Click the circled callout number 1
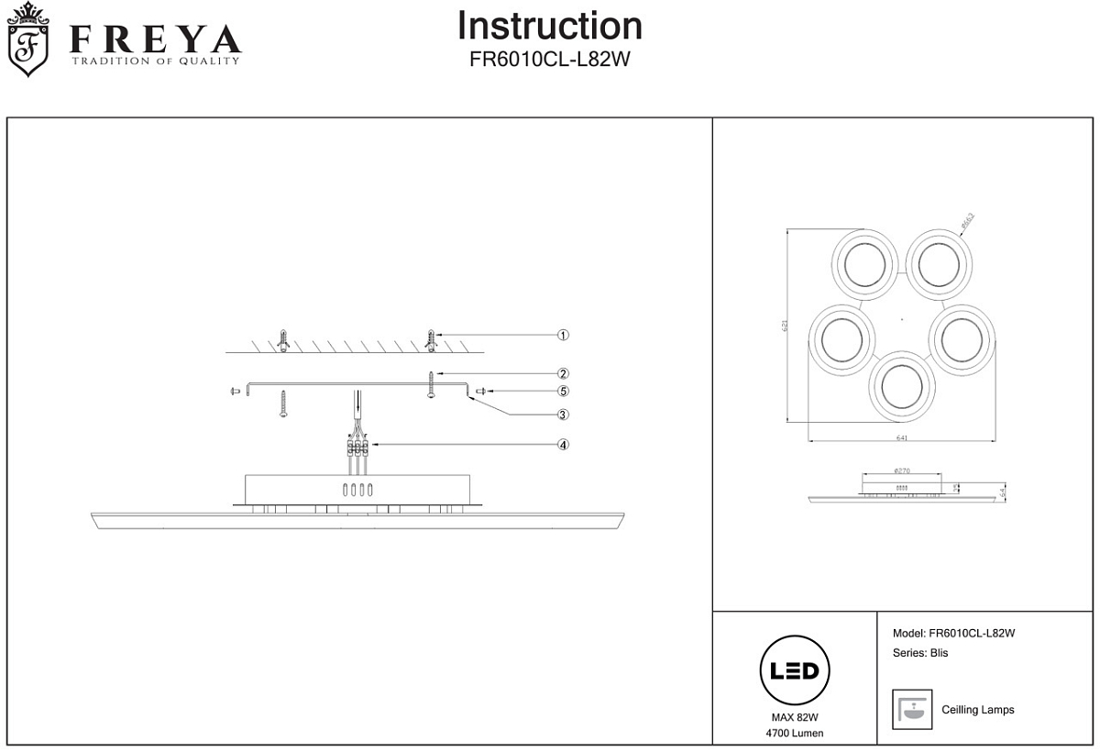564,336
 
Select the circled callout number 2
564,374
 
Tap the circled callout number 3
564,415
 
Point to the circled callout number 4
564,446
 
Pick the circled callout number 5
564,392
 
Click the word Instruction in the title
550,26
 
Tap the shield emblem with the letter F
28,41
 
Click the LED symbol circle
795,670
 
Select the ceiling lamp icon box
911,709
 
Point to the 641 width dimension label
901,437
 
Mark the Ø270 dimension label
901,470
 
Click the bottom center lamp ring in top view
903,384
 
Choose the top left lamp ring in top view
863,263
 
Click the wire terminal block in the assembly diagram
357,448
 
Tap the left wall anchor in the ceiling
285,340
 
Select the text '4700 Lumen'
795,733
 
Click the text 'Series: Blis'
920,653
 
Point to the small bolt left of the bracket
235,392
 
